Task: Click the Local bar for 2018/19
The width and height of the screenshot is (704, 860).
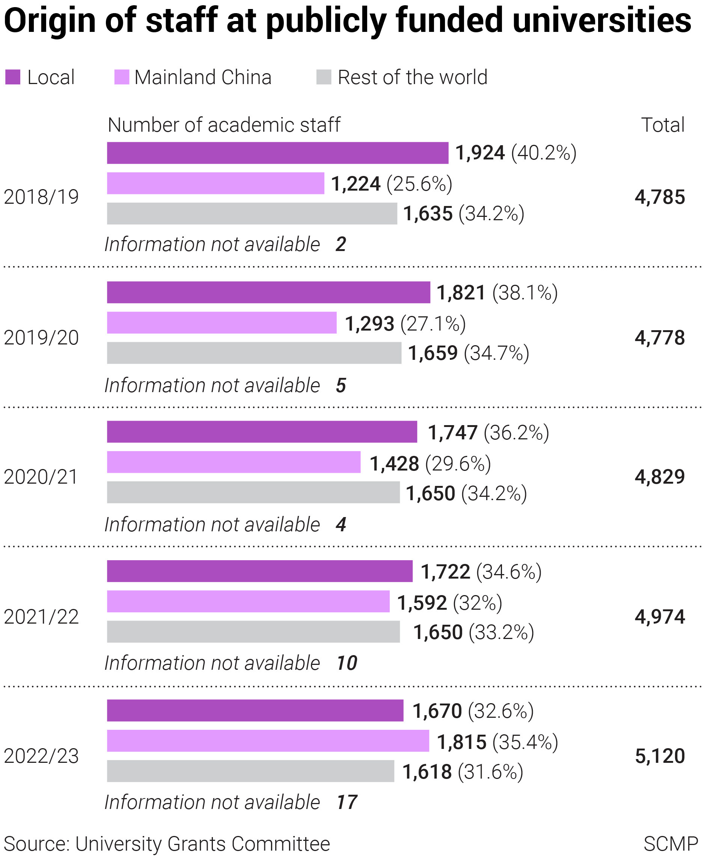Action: (x=277, y=153)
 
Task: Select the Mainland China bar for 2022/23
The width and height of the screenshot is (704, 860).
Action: (x=268, y=740)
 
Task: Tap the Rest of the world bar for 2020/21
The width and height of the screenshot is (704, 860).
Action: (x=253, y=492)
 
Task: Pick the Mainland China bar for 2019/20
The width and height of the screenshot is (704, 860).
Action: (x=222, y=323)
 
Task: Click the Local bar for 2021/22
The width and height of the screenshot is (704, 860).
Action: (x=259, y=571)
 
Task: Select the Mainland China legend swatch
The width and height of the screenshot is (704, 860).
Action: (x=122, y=77)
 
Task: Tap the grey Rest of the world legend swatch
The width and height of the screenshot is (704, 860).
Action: (x=324, y=77)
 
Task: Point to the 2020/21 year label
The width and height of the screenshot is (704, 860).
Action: (x=41, y=477)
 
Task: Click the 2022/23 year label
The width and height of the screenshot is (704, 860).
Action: (x=41, y=756)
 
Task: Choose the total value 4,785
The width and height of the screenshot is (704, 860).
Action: (x=660, y=197)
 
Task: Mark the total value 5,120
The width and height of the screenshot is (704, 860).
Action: (x=660, y=756)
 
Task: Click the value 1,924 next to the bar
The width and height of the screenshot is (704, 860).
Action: (x=480, y=153)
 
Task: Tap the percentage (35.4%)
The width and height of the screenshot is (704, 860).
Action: (x=525, y=742)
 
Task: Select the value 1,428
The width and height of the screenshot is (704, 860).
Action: (x=394, y=463)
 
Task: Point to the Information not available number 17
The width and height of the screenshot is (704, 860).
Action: (x=347, y=802)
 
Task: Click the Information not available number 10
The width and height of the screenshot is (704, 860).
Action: (x=347, y=663)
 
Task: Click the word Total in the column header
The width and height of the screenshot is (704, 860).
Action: (x=663, y=125)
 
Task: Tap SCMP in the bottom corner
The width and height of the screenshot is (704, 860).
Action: (x=670, y=844)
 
